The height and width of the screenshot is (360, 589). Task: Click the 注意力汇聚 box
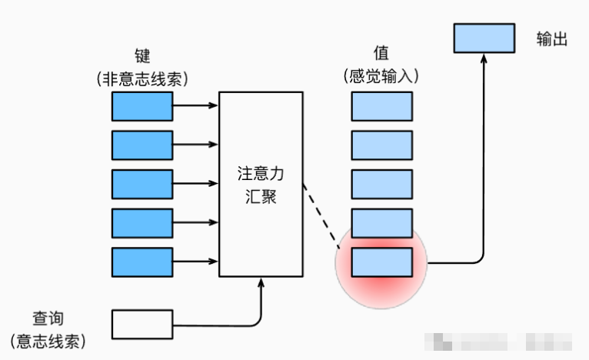pos(261,185)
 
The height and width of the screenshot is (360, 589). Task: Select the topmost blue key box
pos(142,106)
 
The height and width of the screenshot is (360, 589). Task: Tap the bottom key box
pos(142,262)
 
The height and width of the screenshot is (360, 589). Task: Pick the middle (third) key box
pos(142,184)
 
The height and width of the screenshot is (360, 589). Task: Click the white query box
pos(142,325)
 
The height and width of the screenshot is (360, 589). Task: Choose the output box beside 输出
pos(483,38)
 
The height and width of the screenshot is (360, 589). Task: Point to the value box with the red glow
pos(382,262)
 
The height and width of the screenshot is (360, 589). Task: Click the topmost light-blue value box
pos(382,106)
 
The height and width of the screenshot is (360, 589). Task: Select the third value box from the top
pos(382,184)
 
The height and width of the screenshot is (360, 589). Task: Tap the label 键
pos(142,56)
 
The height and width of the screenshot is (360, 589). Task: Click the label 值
pos(381,53)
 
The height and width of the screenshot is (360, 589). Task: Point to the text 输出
pos(552,39)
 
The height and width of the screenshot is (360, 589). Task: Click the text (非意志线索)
pos(142,78)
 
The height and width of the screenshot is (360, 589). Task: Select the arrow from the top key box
pos(195,106)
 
